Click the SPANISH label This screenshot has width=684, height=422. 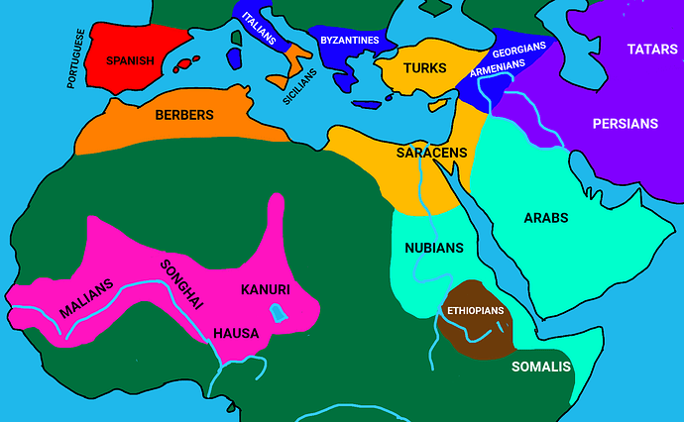tap(130, 60)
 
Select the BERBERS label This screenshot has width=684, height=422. tap(184, 115)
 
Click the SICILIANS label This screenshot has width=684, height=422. tap(299, 87)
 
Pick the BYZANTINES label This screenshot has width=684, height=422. tap(350, 40)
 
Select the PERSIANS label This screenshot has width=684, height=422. tap(625, 124)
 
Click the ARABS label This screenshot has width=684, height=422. tap(544, 218)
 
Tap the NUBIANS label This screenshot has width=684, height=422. tap(434, 247)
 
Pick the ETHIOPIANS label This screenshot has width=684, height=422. tap(476, 310)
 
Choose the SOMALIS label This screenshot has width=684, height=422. tap(541, 367)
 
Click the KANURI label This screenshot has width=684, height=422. tap(265, 290)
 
